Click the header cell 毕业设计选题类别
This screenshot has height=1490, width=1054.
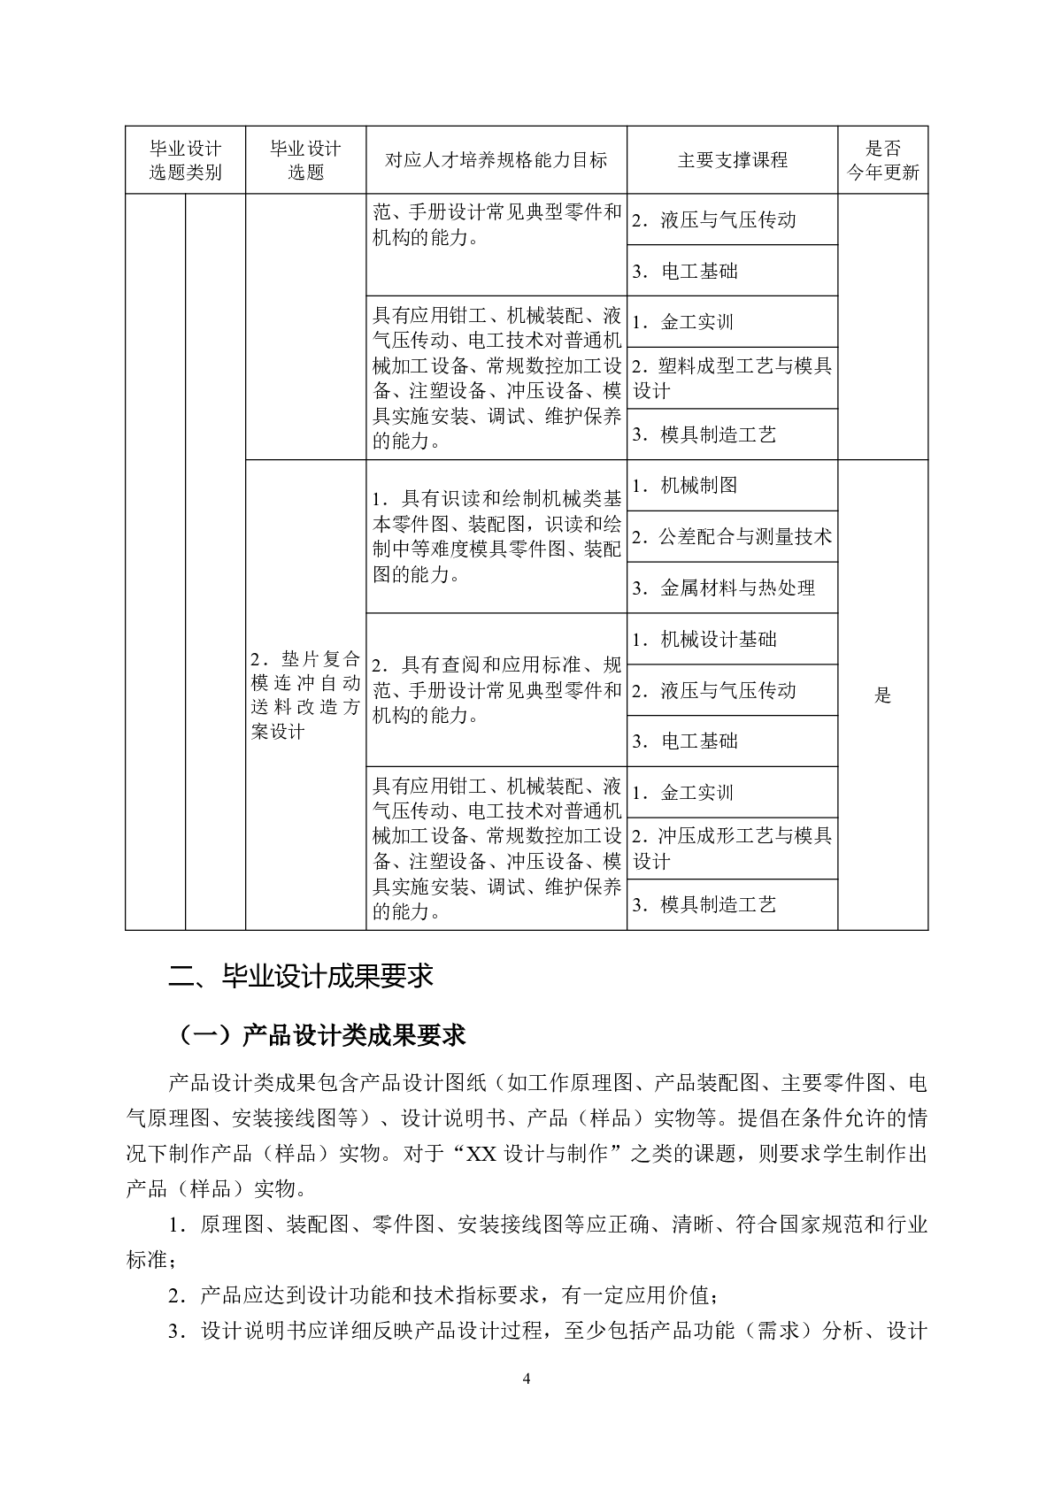(x=185, y=160)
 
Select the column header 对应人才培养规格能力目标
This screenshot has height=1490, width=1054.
(x=496, y=160)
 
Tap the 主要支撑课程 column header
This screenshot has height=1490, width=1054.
(x=732, y=160)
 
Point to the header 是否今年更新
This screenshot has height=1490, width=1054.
(x=882, y=160)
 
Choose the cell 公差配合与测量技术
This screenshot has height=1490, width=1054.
(x=732, y=537)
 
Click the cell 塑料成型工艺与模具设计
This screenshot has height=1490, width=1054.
(x=732, y=378)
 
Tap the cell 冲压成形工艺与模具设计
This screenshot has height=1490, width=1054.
(x=732, y=849)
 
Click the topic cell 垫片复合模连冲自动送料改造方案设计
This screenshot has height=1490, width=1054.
(x=305, y=695)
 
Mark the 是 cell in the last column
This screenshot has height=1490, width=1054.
(x=882, y=695)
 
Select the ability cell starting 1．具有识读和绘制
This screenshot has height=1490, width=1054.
(x=496, y=536)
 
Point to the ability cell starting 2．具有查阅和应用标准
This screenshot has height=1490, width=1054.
(x=496, y=690)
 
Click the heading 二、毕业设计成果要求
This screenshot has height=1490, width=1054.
(x=301, y=976)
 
